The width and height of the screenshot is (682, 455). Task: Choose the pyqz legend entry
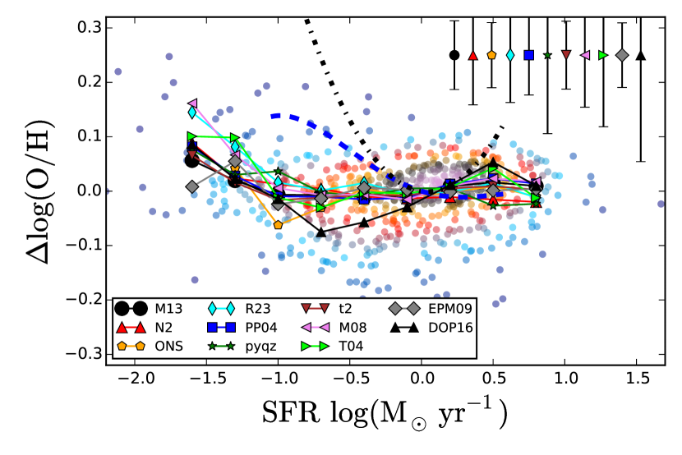coord(260,346)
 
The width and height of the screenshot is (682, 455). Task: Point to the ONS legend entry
coord(168,346)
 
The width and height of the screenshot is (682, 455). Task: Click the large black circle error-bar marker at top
coord(454,55)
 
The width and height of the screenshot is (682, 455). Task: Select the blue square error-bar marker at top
coord(529,55)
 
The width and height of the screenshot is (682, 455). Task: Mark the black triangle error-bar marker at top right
coord(641,55)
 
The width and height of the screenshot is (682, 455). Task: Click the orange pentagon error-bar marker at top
coord(491,55)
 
